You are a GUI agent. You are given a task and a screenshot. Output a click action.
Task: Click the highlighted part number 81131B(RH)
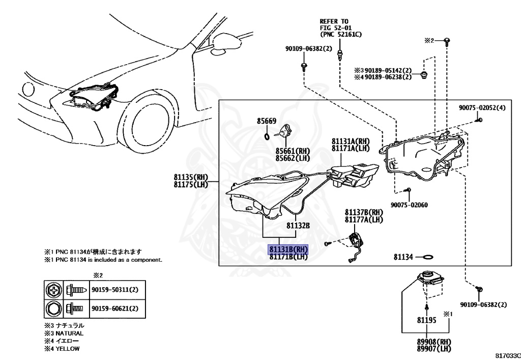[x=288, y=250]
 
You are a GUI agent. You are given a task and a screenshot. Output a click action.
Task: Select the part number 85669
[x=266, y=121]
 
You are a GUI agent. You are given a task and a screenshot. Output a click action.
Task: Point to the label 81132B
[x=298, y=225]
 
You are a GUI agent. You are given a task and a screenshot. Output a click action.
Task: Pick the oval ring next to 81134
[x=428, y=257]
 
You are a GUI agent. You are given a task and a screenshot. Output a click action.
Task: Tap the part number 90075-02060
[x=409, y=205]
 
